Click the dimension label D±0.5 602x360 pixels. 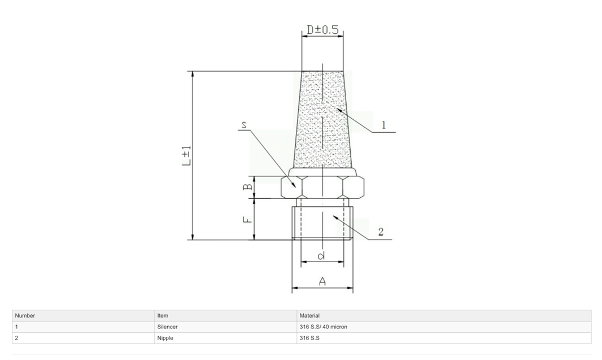pyautogui.click(x=322, y=29)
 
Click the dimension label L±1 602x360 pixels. pyautogui.click(x=186, y=156)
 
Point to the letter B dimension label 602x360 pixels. pyautogui.click(x=248, y=186)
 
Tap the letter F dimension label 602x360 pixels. pyautogui.click(x=248, y=219)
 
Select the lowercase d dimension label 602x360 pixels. pyautogui.click(x=322, y=255)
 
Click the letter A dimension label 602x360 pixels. pyautogui.click(x=322, y=281)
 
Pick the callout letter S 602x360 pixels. pyautogui.click(x=244, y=125)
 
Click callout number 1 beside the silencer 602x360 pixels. pyautogui.click(x=383, y=125)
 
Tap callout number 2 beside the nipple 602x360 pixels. pyautogui.click(x=381, y=232)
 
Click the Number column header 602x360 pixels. pyautogui.click(x=25, y=315)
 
